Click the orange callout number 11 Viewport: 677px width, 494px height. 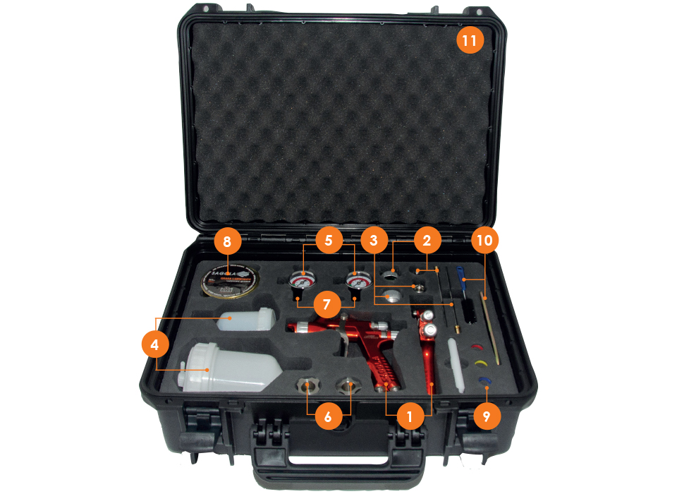[470, 40]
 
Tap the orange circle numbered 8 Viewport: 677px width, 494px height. [227, 241]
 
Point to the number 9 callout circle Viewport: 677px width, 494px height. [486, 416]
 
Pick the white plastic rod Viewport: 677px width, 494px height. [456, 364]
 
